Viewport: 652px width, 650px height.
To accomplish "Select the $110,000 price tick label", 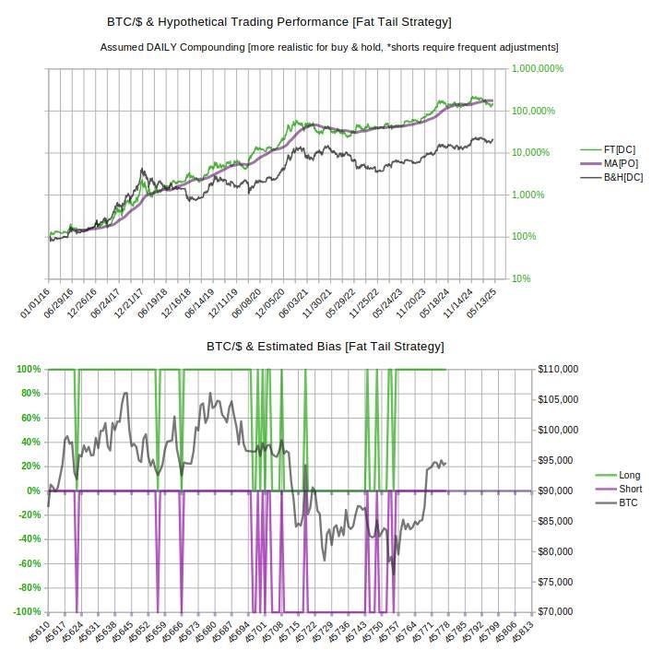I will (560, 369).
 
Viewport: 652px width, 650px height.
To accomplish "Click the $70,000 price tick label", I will (560, 612).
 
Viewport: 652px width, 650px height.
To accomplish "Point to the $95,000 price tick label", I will (560, 460).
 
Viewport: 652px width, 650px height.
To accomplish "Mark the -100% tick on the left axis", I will (27, 612).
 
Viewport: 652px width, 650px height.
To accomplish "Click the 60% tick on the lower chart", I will (30, 418).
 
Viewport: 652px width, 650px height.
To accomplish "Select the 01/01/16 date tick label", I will (35, 302).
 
